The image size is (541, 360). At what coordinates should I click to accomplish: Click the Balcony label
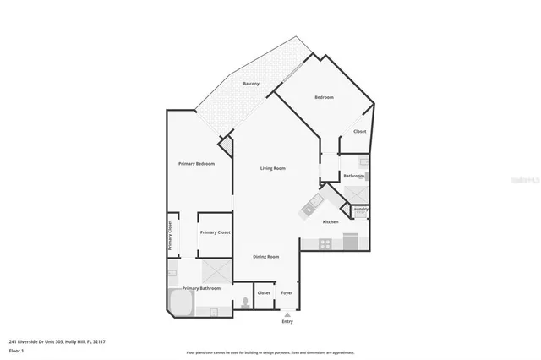(x=251, y=84)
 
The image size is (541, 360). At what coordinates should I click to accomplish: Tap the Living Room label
(x=272, y=169)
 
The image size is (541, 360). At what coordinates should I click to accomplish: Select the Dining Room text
(x=266, y=256)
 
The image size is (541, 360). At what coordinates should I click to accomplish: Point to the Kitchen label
(x=331, y=221)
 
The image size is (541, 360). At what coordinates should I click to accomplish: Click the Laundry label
(x=359, y=209)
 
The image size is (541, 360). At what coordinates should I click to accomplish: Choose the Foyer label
(x=287, y=292)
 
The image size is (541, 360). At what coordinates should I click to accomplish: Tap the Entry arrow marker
(x=287, y=314)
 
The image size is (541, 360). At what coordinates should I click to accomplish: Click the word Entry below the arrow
(x=287, y=322)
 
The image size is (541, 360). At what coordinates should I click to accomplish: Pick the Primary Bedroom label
(x=196, y=163)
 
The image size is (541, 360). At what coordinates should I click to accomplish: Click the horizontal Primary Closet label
(x=215, y=232)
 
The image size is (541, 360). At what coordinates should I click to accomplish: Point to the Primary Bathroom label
(x=201, y=288)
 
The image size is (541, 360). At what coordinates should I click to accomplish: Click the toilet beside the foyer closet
(x=244, y=302)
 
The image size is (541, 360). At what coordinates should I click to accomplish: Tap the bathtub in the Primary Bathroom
(x=182, y=303)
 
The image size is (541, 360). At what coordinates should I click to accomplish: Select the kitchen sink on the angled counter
(x=314, y=202)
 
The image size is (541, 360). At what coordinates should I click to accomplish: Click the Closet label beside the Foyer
(x=264, y=292)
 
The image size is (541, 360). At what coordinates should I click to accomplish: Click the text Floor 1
(x=15, y=349)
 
